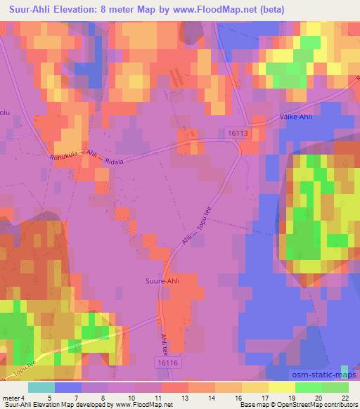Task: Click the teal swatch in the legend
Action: pyautogui.click(x=41, y=387)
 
